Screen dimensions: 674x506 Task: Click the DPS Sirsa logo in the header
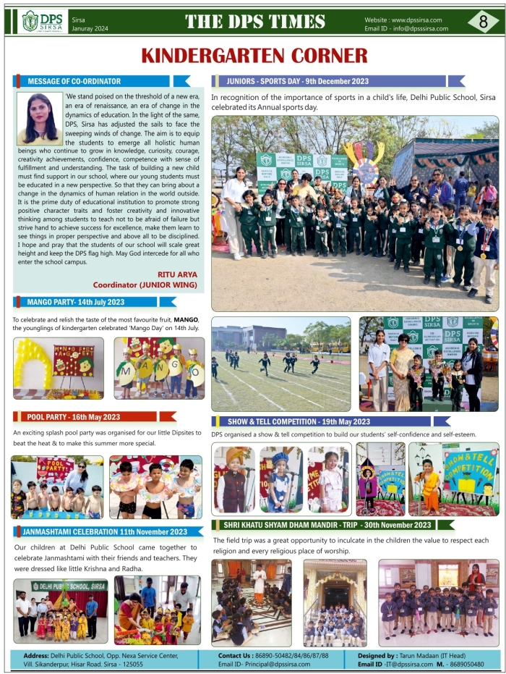[x=43, y=21]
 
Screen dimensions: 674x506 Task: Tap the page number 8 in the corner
[x=483, y=21]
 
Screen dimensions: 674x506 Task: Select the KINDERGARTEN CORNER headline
[x=254, y=55]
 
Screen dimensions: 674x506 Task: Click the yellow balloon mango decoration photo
[x=58, y=368]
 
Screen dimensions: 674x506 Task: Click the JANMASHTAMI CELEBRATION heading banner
[x=100, y=531]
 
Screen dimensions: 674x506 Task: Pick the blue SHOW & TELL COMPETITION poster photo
[x=453, y=479]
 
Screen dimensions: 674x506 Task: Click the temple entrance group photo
[x=335, y=602]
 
